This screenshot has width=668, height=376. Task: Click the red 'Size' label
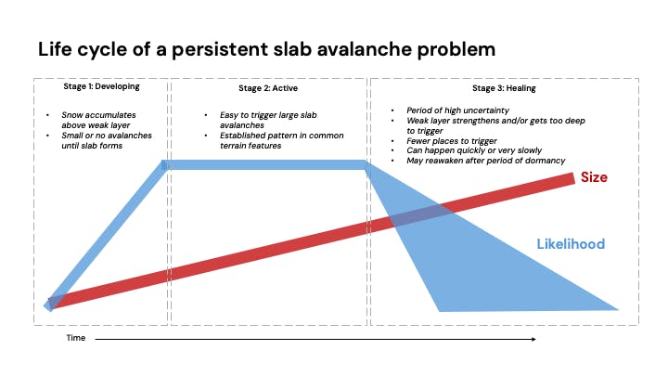(x=594, y=176)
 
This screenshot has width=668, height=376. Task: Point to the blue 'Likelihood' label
(x=571, y=244)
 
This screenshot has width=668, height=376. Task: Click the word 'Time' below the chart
(x=75, y=338)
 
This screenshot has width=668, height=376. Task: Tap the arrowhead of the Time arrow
(x=533, y=339)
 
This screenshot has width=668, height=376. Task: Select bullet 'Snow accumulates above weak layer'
(x=97, y=121)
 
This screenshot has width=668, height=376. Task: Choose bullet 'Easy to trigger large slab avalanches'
(x=263, y=121)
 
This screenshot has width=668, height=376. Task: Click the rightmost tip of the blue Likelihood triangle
(x=617, y=308)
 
